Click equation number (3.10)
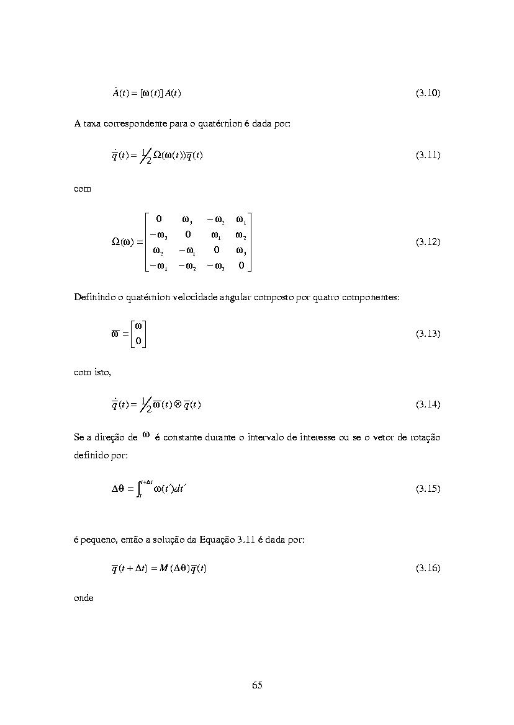[428, 93]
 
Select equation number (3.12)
[428, 242]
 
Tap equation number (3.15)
[428, 489]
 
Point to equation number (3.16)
[428, 568]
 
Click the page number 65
[257, 685]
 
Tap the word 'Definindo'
[93, 297]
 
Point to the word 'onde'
[83, 598]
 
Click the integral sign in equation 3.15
[139, 488]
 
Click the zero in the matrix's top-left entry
[158, 219]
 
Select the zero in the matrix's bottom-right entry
[241, 266]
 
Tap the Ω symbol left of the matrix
[115, 242]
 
